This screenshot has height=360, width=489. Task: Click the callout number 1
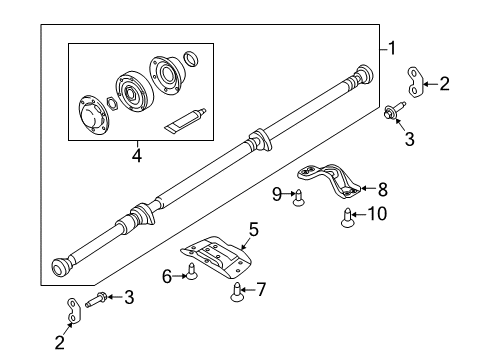393,47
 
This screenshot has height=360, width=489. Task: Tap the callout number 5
253,229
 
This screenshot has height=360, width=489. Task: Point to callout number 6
167,275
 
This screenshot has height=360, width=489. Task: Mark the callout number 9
275,193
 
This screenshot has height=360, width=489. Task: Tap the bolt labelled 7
236,291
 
